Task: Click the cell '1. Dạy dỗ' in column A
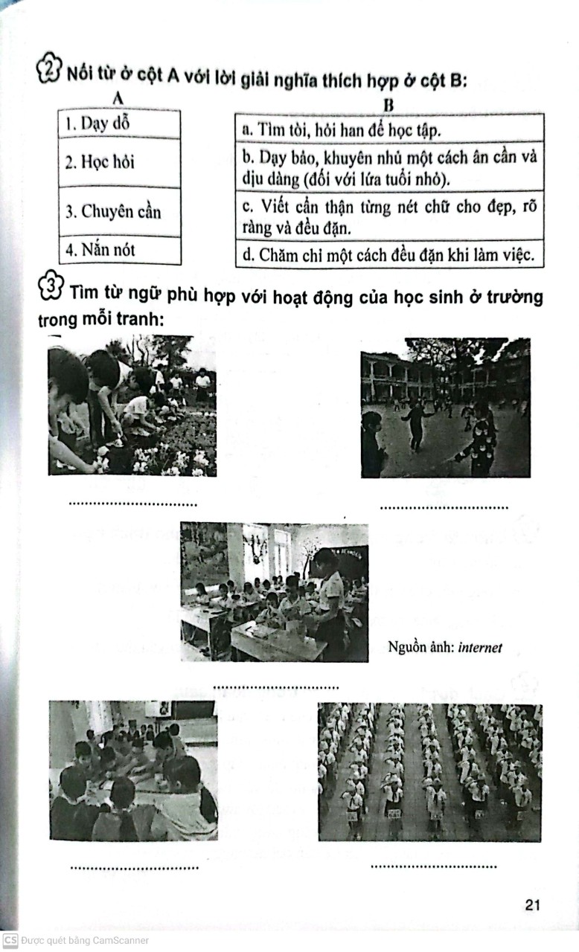(119, 123)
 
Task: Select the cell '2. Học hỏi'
(119, 162)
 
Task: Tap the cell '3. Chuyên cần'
(119, 212)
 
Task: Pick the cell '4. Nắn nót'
(119, 251)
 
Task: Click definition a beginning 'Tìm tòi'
(389, 129)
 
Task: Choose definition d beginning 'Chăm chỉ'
(389, 255)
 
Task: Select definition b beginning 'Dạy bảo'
(389, 168)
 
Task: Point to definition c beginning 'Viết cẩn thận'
(389, 216)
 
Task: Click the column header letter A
(118, 97)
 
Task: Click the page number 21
(531, 904)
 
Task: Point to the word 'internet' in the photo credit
(480, 648)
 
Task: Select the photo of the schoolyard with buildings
(445, 408)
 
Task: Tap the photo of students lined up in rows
(429, 772)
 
